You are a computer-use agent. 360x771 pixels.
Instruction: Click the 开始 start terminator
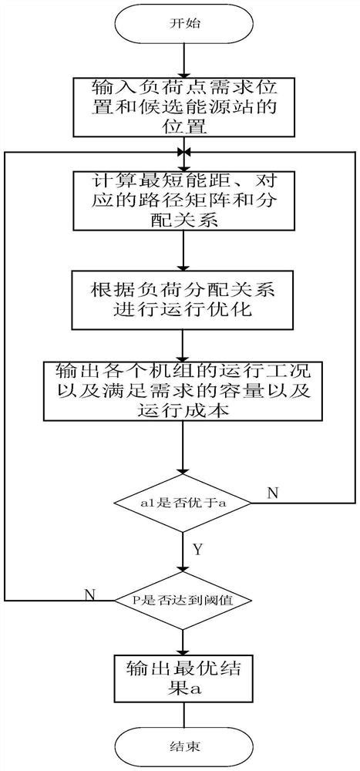183,24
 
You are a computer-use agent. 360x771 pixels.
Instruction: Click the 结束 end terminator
183,746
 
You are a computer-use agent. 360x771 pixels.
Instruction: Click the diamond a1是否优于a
183,503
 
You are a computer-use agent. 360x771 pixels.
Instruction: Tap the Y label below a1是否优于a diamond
197,550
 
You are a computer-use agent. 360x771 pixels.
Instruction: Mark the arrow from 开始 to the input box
183,60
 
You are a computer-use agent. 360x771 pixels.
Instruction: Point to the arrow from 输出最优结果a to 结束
183,712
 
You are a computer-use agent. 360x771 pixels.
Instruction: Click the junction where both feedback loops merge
183,152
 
